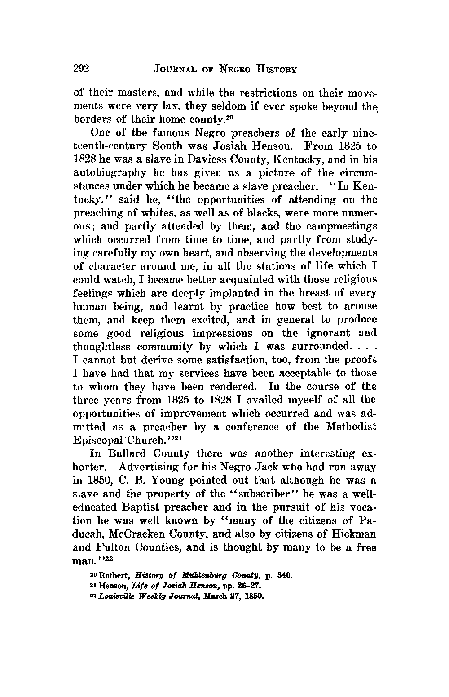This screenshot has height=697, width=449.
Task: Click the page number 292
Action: (82, 68)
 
